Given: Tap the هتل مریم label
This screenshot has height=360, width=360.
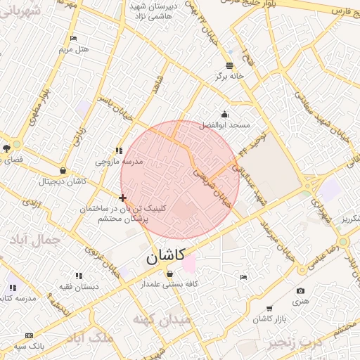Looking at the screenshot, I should [x=75, y=50].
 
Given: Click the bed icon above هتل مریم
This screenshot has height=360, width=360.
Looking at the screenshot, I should [x=74, y=39].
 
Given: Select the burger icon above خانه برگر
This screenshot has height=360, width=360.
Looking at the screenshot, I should [x=230, y=65].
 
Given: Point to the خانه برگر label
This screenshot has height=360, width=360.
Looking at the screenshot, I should [x=231, y=76].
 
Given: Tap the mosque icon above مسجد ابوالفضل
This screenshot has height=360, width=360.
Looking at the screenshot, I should [x=224, y=114].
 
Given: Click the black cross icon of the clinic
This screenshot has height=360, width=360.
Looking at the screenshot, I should [x=123, y=198].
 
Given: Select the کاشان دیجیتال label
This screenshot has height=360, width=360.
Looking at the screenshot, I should [x=64, y=181].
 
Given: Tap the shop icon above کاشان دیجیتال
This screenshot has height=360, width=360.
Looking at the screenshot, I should [x=63, y=170].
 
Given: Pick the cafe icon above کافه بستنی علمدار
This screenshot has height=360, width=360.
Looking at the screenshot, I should [x=169, y=274].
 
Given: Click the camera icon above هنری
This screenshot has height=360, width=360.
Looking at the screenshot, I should [x=301, y=290].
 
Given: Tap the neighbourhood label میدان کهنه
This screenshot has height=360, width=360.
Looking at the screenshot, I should [x=162, y=320].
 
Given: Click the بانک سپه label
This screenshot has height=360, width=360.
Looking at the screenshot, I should [x=31, y=346].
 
